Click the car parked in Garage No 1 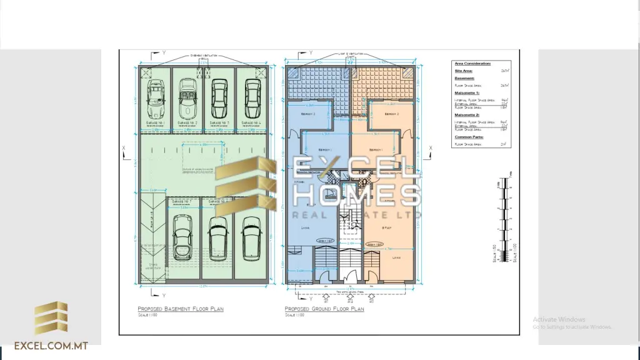point(154,99)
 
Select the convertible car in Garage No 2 point(187,99)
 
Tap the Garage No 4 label point(252,123)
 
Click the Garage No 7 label point(182,202)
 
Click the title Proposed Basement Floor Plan point(180,309)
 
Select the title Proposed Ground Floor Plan point(324,309)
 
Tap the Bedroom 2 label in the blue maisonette point(308,115)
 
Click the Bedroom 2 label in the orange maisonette point(392,115)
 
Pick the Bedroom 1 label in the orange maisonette point(375,150)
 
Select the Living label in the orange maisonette point(396,256)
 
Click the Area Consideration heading point(472,64)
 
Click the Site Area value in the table point(504,71)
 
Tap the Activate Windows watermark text point(559,319)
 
